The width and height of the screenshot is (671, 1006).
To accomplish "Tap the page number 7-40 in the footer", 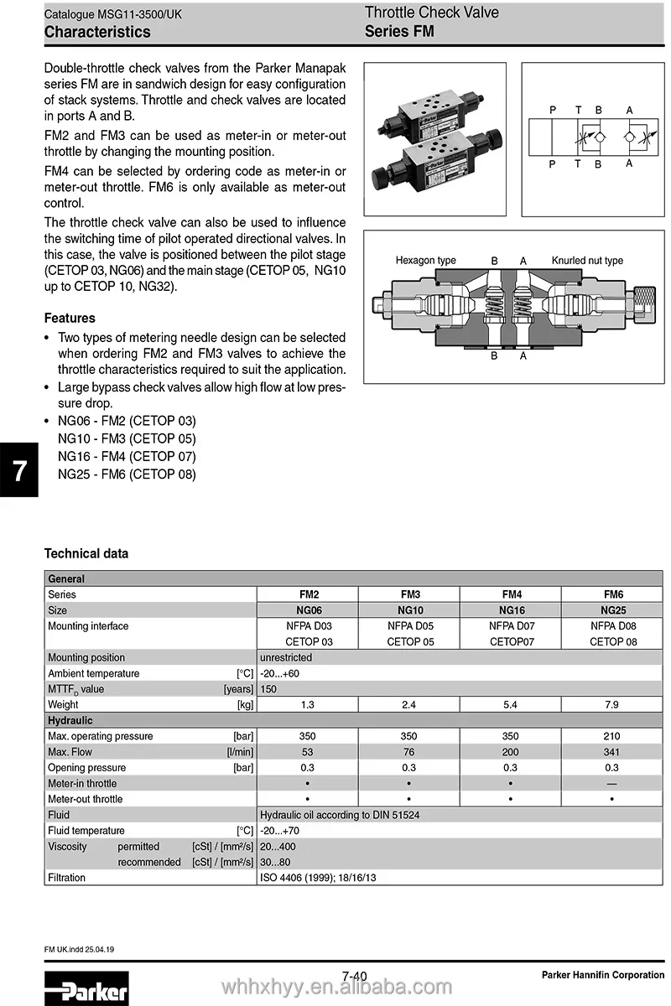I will tap(355, 975).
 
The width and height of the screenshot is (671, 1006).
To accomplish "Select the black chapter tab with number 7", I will tap(18, 470).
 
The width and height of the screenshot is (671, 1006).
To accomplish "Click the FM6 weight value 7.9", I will tap(611, 705).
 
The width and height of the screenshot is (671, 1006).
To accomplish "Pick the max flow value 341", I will tap(611, 752).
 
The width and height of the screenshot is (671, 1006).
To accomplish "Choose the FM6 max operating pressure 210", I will tap(611, 736).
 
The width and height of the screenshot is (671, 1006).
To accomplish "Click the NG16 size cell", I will tap(511, 610).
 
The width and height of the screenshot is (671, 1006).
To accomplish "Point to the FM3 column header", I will tap(409, 594).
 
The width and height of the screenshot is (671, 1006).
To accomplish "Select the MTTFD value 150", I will tap(268, 689).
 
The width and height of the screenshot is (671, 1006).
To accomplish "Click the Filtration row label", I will tap(67, 878).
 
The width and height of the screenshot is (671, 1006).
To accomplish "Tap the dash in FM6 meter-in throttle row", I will tap(611, 783).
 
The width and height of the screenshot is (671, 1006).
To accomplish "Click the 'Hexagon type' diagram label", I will tap(425, 261).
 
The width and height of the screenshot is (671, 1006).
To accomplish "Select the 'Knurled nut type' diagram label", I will tap(587, 261).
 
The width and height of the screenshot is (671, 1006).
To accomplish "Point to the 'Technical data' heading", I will tap(86, 553).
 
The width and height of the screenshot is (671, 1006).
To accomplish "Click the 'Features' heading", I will tap(70, 318).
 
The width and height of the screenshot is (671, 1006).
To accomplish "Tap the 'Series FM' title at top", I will tap(399, 32).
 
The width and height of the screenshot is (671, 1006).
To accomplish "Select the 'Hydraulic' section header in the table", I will tap(70, 720).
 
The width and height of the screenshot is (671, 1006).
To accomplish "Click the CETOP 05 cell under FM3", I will tap(409, 641).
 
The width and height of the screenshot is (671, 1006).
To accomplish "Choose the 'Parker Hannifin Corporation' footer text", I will tap(602, 974).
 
